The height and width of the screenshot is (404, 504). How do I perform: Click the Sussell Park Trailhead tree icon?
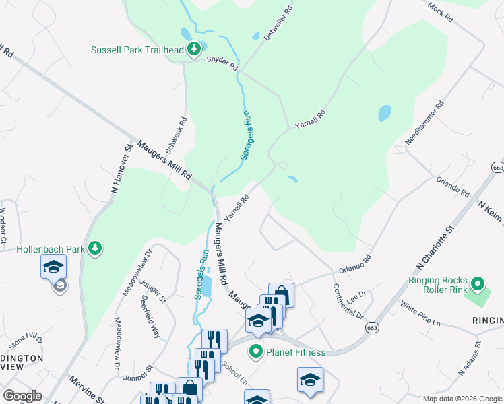(194, 49)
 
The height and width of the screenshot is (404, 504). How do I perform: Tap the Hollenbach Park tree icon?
(96, 248)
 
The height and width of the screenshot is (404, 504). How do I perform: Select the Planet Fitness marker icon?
(256, 351)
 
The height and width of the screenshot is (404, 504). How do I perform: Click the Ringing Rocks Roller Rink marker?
(478, 283)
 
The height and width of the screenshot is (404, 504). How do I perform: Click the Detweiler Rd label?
(278, 24)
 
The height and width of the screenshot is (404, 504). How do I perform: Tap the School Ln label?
(234, 371)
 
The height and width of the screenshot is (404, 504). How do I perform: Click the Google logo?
(23, 396)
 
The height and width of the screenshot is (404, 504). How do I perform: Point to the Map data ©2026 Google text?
(461, 399)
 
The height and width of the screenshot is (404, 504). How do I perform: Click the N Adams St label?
(469, 358)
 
